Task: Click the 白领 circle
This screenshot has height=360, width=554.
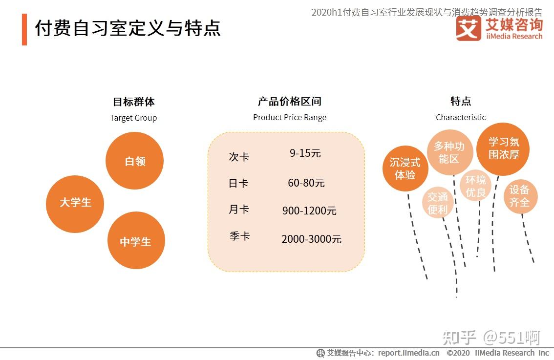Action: tap(134, 161)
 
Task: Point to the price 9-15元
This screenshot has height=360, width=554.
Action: tap(305, 153)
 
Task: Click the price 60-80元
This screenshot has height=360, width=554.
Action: tap(306, 183)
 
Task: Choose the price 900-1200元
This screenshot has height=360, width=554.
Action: tap(309, 211)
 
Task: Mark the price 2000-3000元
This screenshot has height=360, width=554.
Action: tap(311, 239)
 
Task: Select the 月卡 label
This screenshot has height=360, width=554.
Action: tap(239, 210)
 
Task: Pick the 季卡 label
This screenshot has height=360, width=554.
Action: tap(239, 236)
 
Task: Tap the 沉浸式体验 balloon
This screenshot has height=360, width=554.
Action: tap(405, 169)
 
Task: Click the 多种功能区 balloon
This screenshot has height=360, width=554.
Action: tap(449, 152)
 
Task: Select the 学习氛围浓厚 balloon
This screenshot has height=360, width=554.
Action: tap(503, 148)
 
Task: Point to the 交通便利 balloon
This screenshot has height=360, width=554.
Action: tap(438, 203)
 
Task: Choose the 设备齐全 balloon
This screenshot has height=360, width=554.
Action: tap(520, 196)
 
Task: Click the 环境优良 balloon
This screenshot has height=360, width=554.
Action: tap(475, 186)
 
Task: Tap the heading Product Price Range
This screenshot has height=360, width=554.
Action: tap(290, 117)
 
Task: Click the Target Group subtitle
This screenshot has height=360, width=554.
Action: tap(133, 118)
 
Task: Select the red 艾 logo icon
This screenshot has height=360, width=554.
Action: tap(469, 28)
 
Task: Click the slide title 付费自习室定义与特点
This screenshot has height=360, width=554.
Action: tap(128, 28)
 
